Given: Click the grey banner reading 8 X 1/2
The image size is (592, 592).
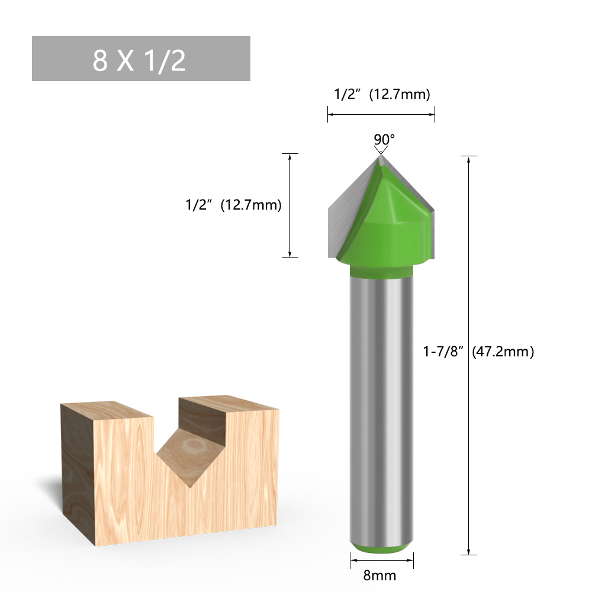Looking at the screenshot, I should (x=141, y=59).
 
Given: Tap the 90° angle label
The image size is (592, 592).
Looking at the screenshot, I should (x=384, y=139).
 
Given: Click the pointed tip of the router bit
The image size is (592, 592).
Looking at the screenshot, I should (x=379, y=155).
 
